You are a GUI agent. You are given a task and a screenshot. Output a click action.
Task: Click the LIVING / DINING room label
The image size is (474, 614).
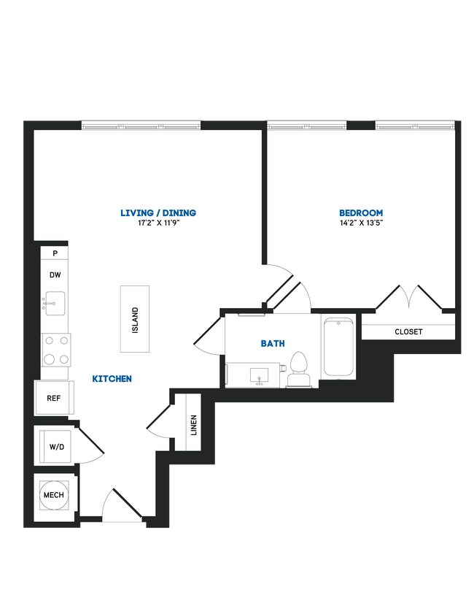[x=158, y=213]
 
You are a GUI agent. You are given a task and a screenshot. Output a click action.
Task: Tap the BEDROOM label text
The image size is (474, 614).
[x=361, y=213]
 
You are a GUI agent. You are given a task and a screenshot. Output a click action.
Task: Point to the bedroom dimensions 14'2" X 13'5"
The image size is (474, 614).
[x=361, y=223]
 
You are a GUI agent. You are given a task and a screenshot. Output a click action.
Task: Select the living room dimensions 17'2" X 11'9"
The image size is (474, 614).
[x=158, y=223]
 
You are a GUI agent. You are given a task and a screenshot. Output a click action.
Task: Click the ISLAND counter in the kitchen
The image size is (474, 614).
[x=135, y=321]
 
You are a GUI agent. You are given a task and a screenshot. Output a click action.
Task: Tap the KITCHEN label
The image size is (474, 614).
[x=112, y=379]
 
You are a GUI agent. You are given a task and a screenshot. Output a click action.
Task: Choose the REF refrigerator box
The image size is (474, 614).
[x=53, y=399]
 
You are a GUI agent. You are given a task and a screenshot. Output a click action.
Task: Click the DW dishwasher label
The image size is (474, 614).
[x=55, y=275]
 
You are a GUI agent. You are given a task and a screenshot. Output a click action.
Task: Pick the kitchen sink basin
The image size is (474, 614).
[x=55, y=302]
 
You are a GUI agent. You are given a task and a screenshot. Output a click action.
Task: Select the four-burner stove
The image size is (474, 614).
[x=55, y=349]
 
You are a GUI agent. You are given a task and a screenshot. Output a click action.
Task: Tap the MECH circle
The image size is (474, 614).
[x=54, y=495]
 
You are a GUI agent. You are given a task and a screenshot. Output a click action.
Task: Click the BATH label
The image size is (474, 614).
[x=273, y=343]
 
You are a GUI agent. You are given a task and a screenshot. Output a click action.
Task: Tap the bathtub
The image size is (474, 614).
[x=339, y=348]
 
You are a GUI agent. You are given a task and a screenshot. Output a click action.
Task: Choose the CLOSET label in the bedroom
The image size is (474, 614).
[x=408, y=331]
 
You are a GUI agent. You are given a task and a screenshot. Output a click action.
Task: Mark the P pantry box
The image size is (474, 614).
[x=55, y=253]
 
